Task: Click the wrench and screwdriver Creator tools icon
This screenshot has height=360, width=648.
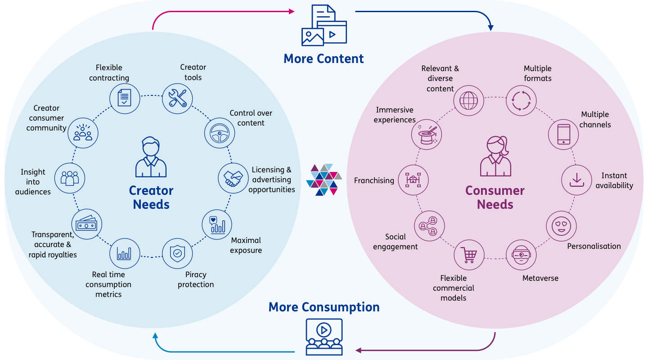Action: click(x=177, y=98)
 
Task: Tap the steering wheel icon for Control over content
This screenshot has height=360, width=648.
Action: click(x=220, y=133)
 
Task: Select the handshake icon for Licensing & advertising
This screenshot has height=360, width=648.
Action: click(x=233, y=178)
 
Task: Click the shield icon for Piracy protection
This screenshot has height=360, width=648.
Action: click(x=177, y=253)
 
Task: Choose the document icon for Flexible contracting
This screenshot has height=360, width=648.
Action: click(x=125, y=97)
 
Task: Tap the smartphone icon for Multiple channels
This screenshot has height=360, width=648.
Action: click(x=563, y=134)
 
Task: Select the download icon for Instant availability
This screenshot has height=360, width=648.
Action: click(x=576, y=180)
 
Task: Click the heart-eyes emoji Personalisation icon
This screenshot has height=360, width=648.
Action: click(x=561, y=225)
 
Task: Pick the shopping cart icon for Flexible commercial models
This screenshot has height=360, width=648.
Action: click(x=468, y=255)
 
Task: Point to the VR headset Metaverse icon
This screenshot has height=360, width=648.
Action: click(x=521, y=255)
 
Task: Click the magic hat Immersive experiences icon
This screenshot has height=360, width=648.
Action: click(x=427, y=135)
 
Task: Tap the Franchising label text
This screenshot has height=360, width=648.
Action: click(x=374, y=180)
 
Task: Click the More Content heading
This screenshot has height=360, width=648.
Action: click(x=324, y=58)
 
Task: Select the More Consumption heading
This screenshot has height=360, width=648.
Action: click(x=324, y=307)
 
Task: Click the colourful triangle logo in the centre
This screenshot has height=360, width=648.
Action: click(x=324, y=180)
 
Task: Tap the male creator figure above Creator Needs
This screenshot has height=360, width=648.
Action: click(x=151, y=157)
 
